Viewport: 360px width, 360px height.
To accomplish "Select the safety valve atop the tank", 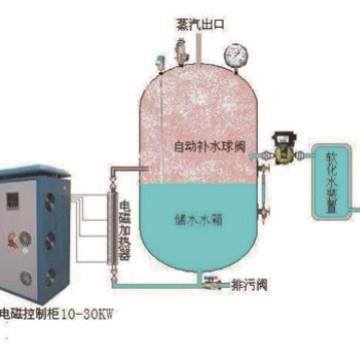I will click(x=181, y=51).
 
